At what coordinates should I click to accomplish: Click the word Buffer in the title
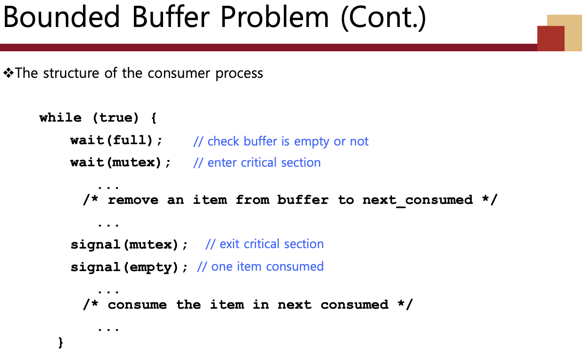pos(171,17)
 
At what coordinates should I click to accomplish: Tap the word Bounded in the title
pos(61,17)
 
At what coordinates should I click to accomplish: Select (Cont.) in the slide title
pos(384,18)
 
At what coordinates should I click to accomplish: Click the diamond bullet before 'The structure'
pos(8,73)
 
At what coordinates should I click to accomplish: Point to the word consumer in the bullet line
pos(179,73)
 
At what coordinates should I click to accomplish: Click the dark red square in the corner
pos(551,38)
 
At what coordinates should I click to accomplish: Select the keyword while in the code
pos(61,117)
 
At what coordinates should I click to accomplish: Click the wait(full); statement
pos(116,140)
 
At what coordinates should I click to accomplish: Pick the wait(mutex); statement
pos(120,162)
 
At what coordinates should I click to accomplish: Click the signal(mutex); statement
pos(129,245)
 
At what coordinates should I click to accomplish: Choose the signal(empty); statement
pos(129,267)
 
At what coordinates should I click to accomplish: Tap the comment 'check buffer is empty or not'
pos(281,142)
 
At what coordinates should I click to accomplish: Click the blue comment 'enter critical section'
pos(257,163)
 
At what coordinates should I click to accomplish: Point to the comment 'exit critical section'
pos(265,244)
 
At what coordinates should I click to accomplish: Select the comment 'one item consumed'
pos(261,267)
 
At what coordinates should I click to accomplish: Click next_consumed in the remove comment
pos(418,200)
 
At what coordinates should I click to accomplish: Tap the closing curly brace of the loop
pos(61,342)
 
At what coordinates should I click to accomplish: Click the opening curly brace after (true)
pos(154,118)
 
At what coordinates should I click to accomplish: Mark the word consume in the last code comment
pos(137,305)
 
